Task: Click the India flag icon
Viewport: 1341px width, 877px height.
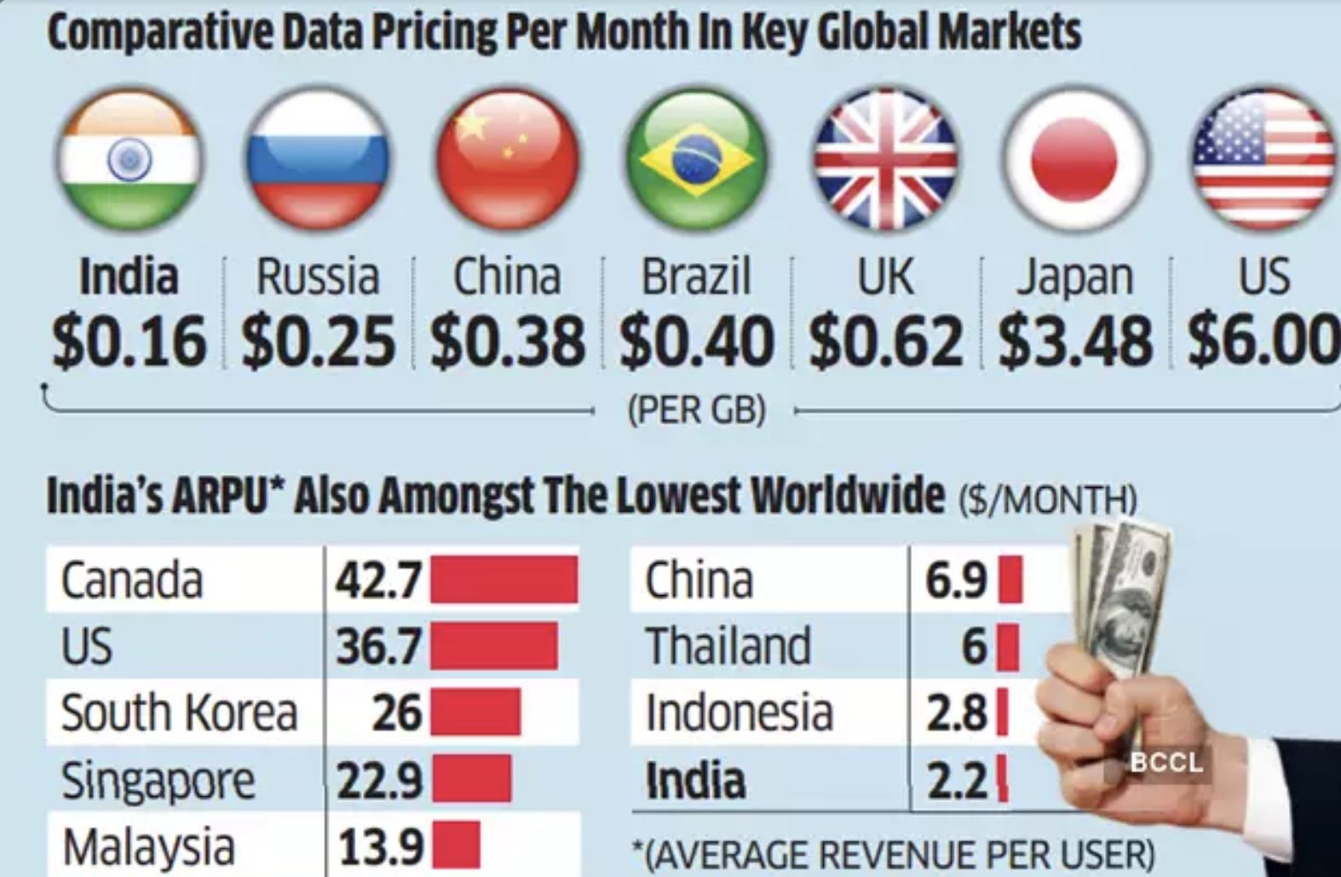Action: (129, 159)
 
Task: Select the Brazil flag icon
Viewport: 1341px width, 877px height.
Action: (696, 159)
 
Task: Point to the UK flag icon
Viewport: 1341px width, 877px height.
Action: (885, 159)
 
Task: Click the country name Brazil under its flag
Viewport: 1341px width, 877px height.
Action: (696, 277)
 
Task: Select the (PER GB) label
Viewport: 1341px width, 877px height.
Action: (696, 410)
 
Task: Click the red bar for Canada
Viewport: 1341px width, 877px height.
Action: (504, 580)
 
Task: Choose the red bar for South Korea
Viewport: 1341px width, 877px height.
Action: (475, 713)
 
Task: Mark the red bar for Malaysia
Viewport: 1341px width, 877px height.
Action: (455, 845)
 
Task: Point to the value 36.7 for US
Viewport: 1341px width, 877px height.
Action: (378, 646)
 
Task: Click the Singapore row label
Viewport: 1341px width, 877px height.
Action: (158, 780)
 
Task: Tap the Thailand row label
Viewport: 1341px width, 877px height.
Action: (728, 646)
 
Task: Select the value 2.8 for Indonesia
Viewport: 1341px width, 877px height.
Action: (957, 713)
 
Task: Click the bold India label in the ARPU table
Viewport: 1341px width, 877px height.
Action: (695, 780)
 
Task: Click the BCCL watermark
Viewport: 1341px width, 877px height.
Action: (1166, 762)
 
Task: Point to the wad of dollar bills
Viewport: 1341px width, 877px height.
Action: (1119, 596)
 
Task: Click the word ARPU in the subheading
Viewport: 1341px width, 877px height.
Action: (222, 496)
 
